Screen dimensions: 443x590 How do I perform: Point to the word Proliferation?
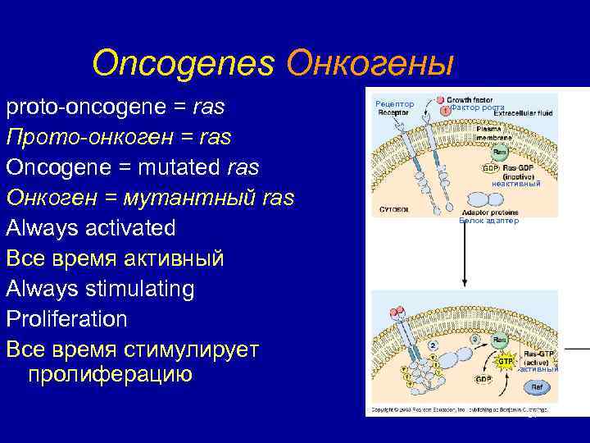click(66, 318)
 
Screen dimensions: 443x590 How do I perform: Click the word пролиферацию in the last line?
click(110, 375)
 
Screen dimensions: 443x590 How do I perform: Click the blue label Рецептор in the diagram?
click(394, 103)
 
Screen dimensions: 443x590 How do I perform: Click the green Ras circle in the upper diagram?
click(499, 153)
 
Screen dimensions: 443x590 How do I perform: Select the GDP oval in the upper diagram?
click(489, 168)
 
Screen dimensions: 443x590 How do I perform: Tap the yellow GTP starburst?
click(506, 360)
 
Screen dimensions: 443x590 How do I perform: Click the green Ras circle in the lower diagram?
click(499, 339)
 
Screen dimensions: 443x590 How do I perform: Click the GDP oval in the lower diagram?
click(484, 380)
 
